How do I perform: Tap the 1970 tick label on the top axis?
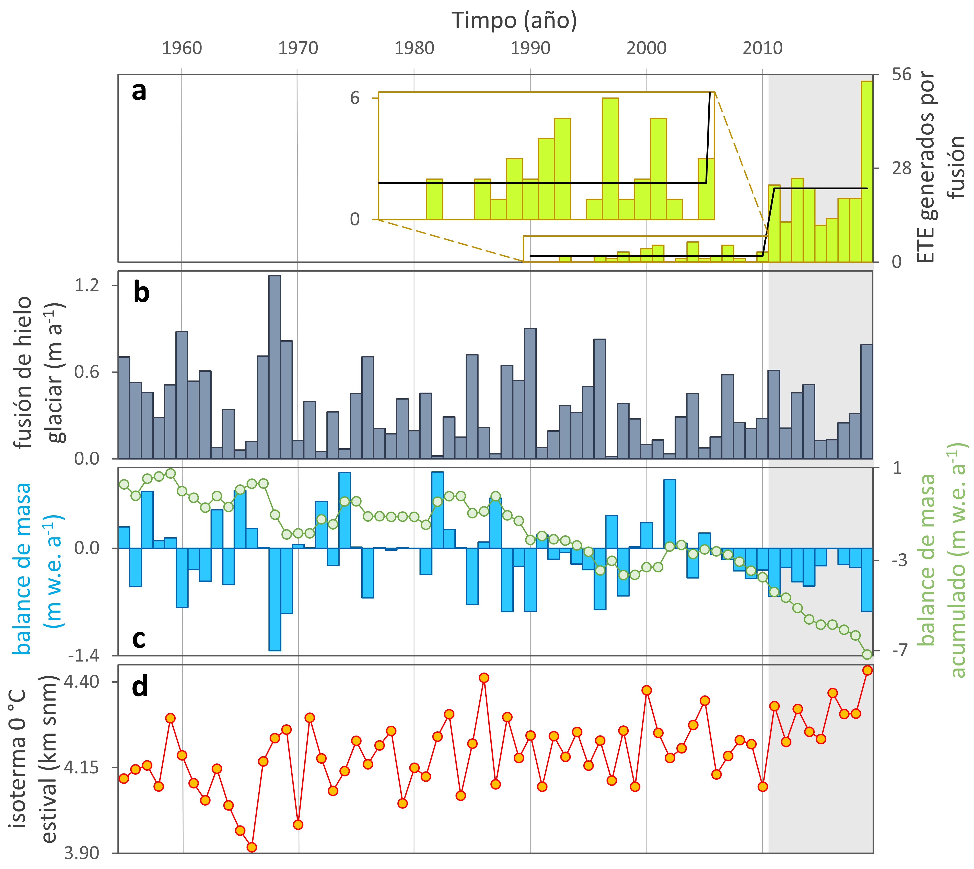click(298, 48)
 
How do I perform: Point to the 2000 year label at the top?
click(646, 48)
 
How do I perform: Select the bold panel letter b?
click(141, 292)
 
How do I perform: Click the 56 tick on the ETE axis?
click(901, 74)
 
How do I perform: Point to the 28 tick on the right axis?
click(901, 168)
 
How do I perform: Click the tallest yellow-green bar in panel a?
click(867, 172)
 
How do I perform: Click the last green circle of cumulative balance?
click(867, 654)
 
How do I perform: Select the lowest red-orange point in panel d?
click(252, 847)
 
